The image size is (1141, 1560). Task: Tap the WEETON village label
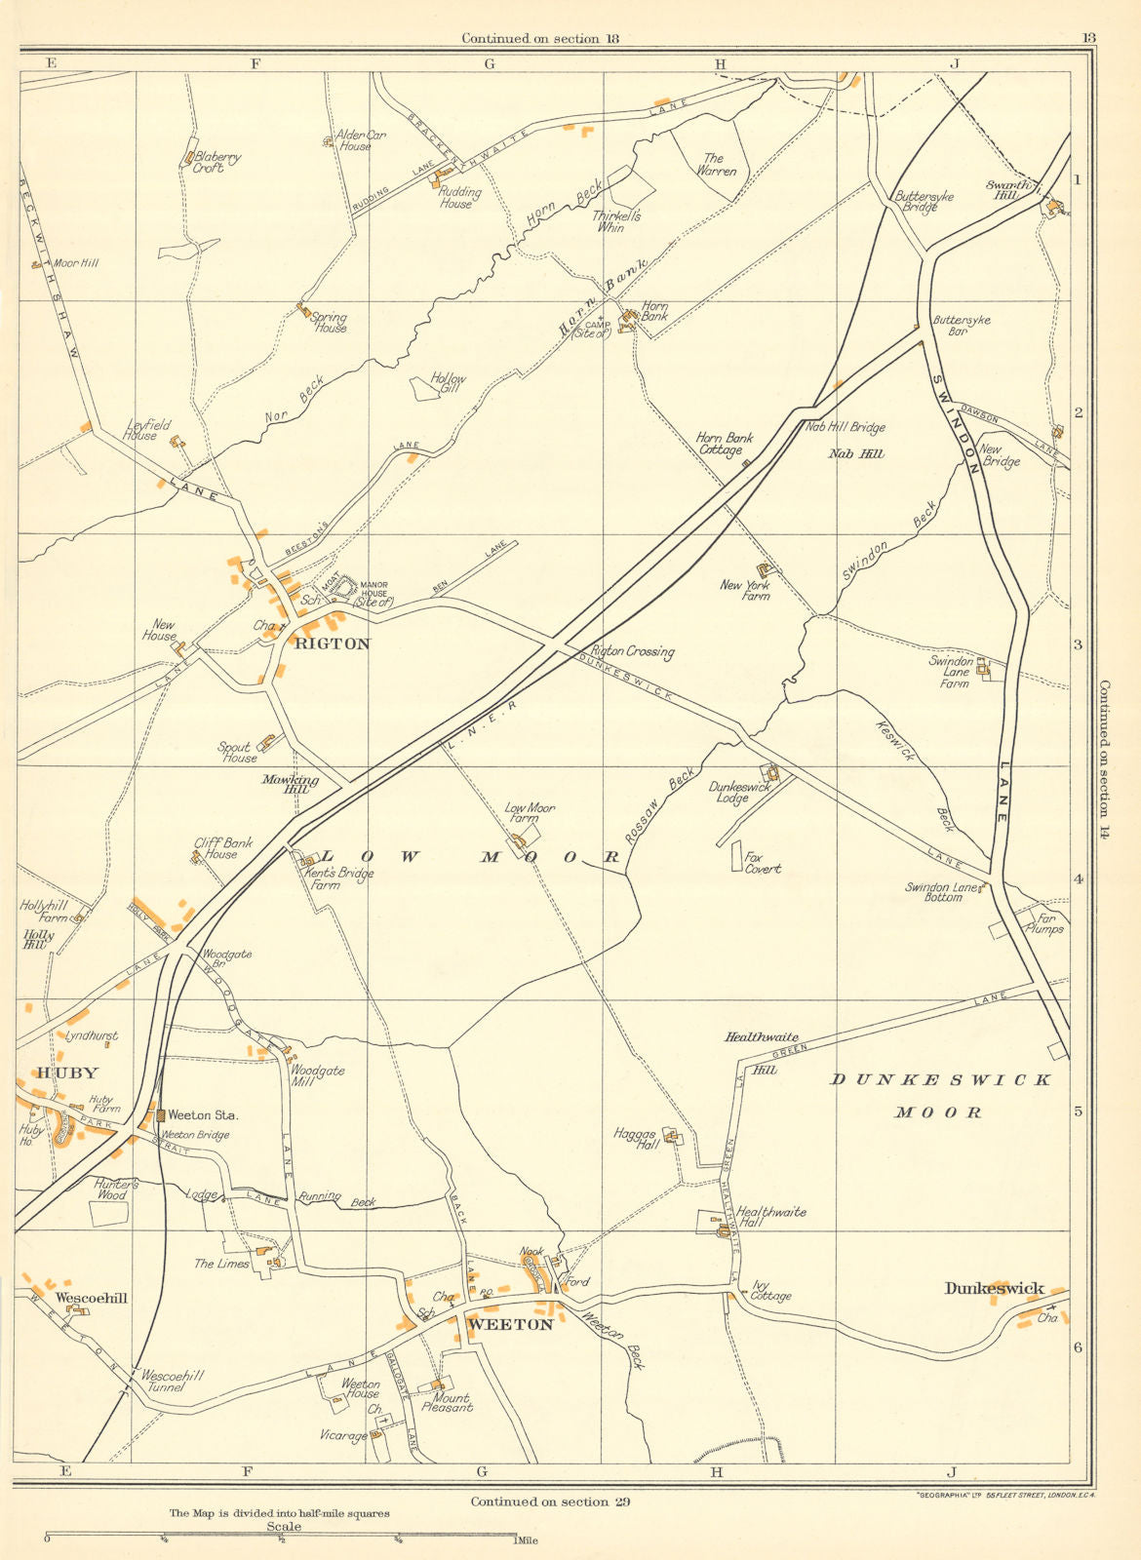pyautogui.click(x=510, y=1325)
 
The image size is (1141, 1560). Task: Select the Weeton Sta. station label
pyautogui.click(x=204, y=1114)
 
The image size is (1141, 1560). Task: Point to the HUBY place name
pyautogui.click(x=67, y=1073)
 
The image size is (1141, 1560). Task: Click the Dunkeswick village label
pyautogui.click(x=995, y=1289)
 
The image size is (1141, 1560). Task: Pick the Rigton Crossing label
pyautogui.click(x=632, y=651)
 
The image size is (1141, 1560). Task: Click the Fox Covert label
pyautogui.click(x=763, y=863)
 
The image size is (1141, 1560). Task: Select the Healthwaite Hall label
pyautogui.click(x=771, y=1218)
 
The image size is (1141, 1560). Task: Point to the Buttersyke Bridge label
pyautogui.click(x=925, y=202)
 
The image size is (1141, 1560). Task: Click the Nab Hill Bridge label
pyautogui.click(x=845, y=427)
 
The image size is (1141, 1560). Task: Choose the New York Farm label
pyautogui.click(x=745, y=590)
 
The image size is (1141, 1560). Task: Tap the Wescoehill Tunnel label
pyautogui.click(x=173, y=1381)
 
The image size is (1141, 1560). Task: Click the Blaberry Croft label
pyautogui.click(x=216, y=162)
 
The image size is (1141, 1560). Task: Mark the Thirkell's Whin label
pyautogui.click(x=616, y=221)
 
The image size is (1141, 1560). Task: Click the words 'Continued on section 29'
pyautogui.click(x=550, y=1501)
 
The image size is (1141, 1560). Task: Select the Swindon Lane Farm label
pyautogui.click(x=950, y=673)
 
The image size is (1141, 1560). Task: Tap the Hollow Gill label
pyautogui.click(x=448, y=383)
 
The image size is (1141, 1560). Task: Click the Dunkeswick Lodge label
pyautogui.click(x=739, y=793)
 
